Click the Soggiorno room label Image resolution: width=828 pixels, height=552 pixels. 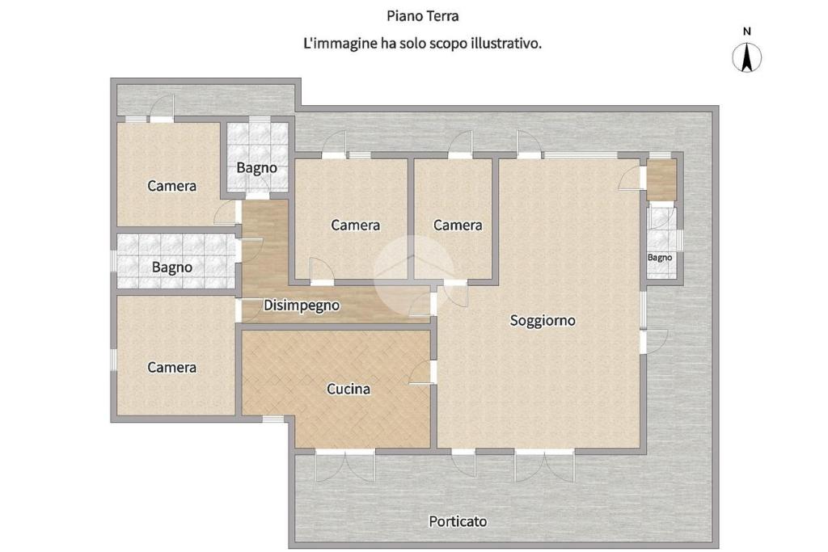tap(543, 321)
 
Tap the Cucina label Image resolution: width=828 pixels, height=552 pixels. tap(349, 390)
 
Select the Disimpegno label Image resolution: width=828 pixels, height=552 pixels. tap(302, 305)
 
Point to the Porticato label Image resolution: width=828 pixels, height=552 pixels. tap(458, 521)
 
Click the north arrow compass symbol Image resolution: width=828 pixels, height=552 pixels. tap(746, 57)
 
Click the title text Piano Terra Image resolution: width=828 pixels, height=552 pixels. tap(422, 16)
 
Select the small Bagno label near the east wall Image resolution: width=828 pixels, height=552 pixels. tap(660, 258)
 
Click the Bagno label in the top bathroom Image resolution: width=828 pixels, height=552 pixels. tap(256, 168)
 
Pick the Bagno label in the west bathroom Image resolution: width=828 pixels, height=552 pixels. tap(172, 268)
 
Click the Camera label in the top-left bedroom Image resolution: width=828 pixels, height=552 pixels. tap(171, 186)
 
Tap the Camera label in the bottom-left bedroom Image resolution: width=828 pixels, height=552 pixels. tap(171, 367)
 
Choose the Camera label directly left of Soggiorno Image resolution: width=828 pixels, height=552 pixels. tap(458, 225)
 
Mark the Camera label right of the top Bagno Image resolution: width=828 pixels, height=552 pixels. tap(356, 225)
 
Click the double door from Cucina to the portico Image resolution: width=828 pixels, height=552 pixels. tap(345, 466)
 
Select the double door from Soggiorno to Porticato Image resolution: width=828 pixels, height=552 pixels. tap(545, 466)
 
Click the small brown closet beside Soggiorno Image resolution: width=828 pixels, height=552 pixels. tap(661, 180)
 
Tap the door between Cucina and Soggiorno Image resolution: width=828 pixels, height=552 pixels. tap(422, 372)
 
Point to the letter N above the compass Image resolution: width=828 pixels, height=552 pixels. tap(746, 32)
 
